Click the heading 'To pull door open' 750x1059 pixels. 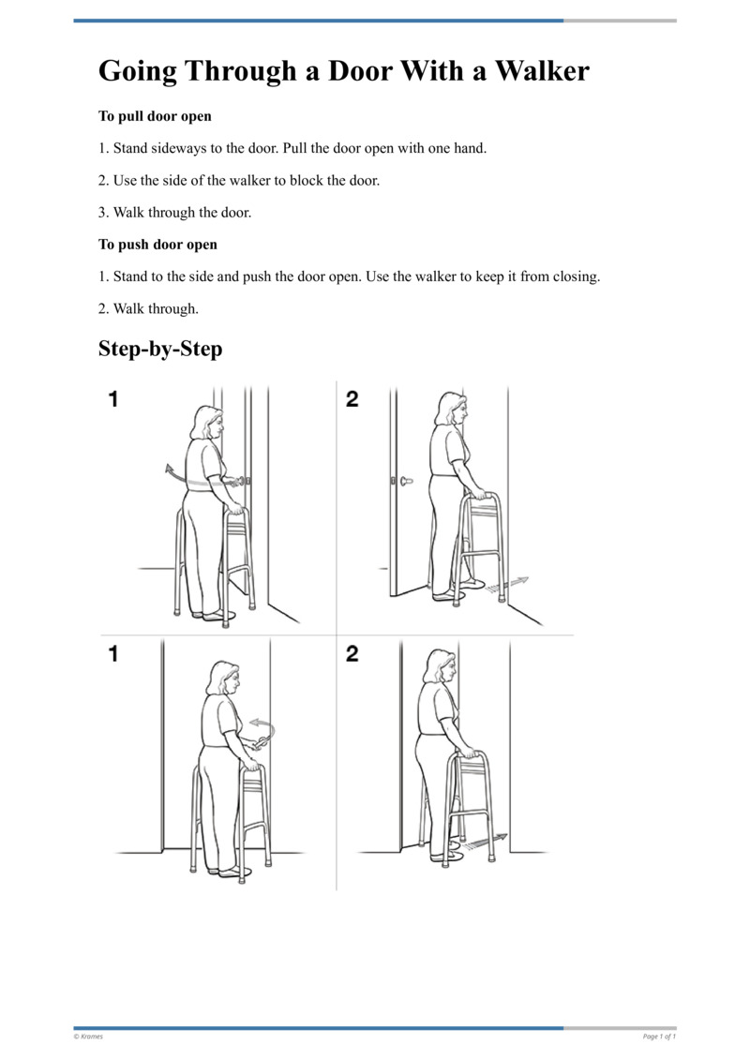click(x=155, y=117)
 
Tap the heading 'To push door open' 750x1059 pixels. click(x=157, y=245)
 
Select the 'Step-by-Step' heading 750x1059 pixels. click(x=160, y=350)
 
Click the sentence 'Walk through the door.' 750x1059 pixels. click(x=175, y=213)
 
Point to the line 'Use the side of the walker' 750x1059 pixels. click(x=239, y=181)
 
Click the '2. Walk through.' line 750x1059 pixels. click(x=148, y=308)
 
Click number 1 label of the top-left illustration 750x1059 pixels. click(x=113, y=399)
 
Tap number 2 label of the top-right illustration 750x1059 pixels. click(x=352, y=399)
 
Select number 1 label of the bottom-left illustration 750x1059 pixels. click(x=113, y=653)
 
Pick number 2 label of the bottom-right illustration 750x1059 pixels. click(x=352, y=653)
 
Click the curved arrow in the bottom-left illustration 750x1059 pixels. click(x=263, y=725)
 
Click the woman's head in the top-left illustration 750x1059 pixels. click(x=205, y=423)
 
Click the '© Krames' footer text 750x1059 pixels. click(x=88, y=1037)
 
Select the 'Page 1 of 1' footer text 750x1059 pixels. click(x=659, y=1037)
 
